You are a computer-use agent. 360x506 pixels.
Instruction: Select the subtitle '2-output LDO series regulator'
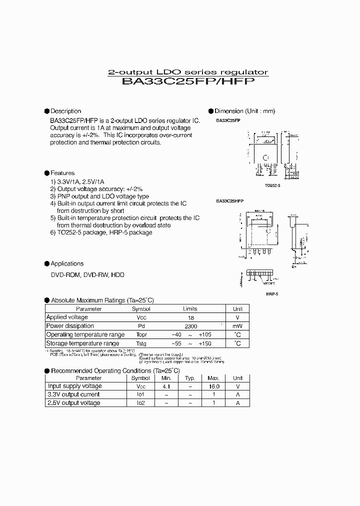[188, 72]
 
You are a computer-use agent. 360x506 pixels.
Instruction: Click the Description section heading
[65, 111]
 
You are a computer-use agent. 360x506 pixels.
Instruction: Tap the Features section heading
[62, 173]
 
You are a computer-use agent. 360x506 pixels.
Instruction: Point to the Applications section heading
[67, 263]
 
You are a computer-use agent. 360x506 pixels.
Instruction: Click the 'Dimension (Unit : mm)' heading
[244, 111]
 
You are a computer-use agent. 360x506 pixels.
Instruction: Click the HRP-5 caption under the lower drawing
[272, 294]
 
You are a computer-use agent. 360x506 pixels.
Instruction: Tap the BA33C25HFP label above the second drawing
[229, 200]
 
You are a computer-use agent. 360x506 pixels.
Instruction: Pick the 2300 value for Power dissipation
[190, 326]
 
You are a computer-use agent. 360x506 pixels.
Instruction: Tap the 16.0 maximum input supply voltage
[213, 386]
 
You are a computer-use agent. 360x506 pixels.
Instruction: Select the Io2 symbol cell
[141, 403]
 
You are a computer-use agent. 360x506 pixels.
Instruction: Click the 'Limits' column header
[190, 309]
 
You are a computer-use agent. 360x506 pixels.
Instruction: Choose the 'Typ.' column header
[189, 378]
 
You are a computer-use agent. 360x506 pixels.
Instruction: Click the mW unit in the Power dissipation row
[237, 326]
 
